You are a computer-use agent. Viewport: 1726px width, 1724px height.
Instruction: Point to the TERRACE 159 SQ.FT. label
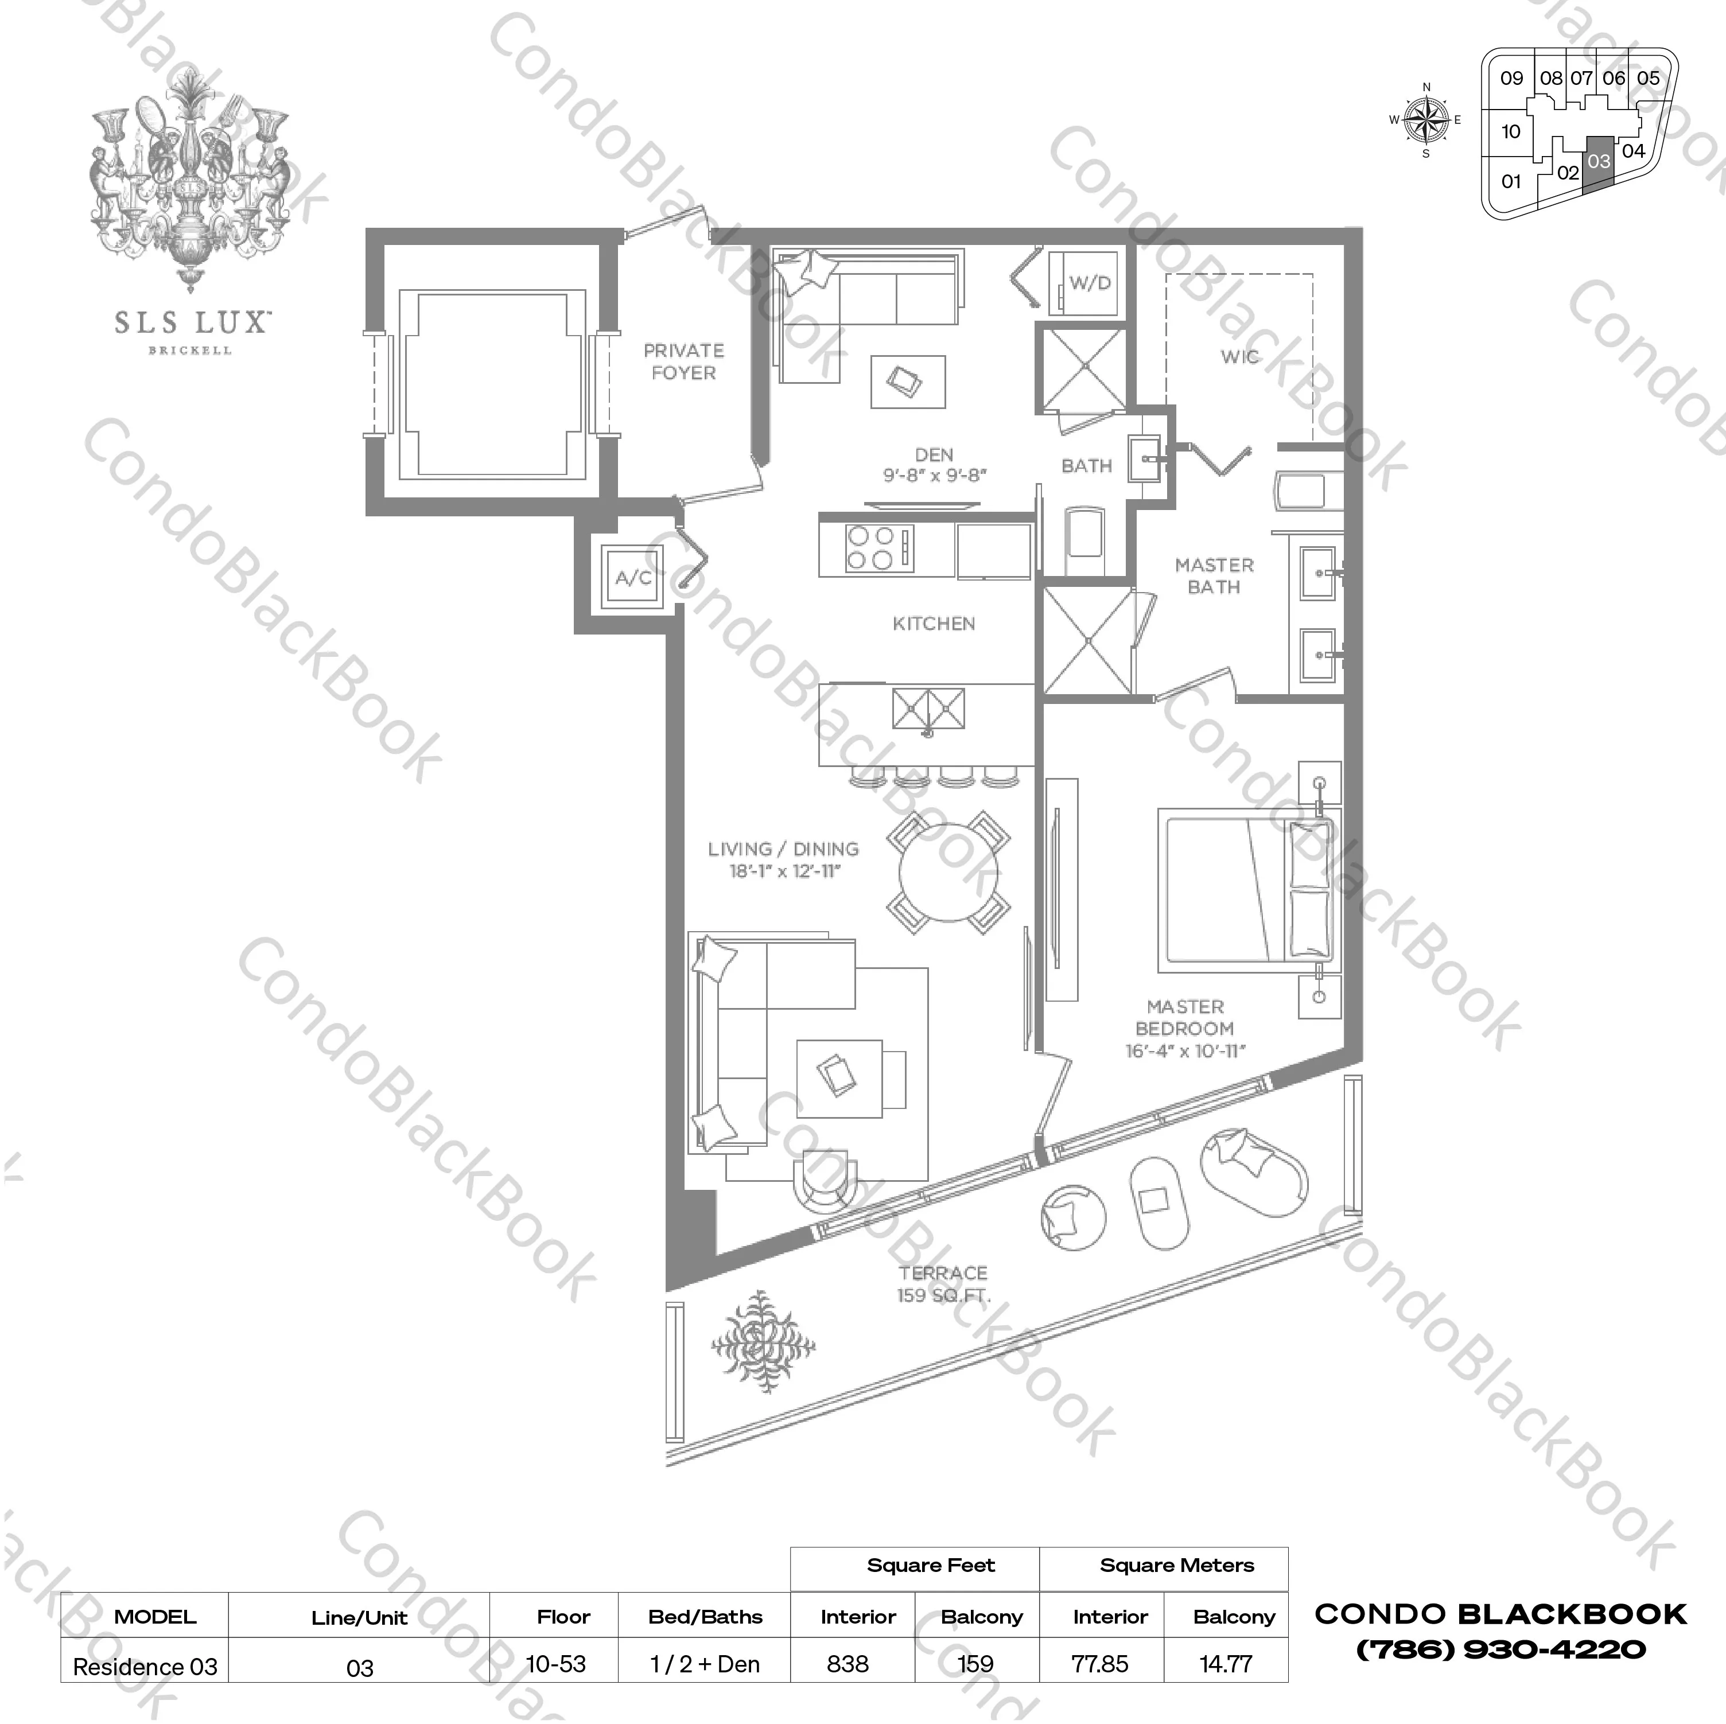pyautogui.click(x=943, y=1283)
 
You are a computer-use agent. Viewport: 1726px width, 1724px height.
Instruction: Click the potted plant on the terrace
pyautogui.click(x=762, y=1342)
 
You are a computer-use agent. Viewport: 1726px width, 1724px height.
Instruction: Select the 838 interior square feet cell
pyautogui.click(x=848, y=1664)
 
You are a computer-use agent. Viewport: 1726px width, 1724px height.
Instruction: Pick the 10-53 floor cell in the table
pyautogui.click(x=555, y=1664)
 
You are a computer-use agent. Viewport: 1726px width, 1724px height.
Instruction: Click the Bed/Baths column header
pyautogui.click(x=705, y=1617)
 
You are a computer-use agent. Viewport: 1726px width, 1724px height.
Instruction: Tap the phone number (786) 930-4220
pyautogui.click(x=1501, y=1650)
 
